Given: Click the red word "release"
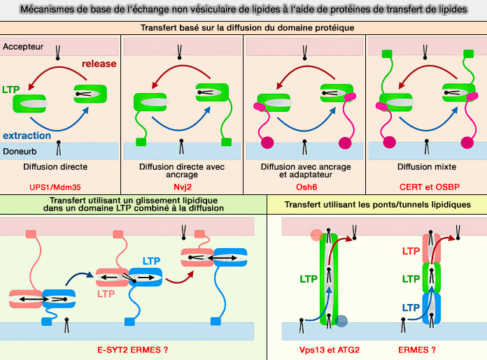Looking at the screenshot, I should click(x=99, y=64).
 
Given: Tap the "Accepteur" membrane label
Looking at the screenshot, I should click(x=24, y=47).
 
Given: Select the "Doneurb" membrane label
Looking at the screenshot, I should click(x=22, y=150).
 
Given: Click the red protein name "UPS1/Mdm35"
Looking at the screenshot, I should click(x=60, y=188).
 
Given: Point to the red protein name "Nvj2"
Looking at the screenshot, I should click(x=182, y=188).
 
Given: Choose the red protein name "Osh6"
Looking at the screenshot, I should click(x=304, y=188).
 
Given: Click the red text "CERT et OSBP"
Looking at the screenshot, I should click(x=425, y=188).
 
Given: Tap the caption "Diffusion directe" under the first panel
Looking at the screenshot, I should click(x=60, y=168).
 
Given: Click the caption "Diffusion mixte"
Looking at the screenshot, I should click(x=425, y=168).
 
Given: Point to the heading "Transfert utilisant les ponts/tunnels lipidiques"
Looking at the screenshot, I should click(x=376, y=204).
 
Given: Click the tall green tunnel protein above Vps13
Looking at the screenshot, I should click(x=328, y=280).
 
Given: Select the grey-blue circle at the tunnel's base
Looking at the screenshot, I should click(x=341, y=321).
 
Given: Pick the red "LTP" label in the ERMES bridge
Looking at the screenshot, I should click(x=411, y=250).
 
